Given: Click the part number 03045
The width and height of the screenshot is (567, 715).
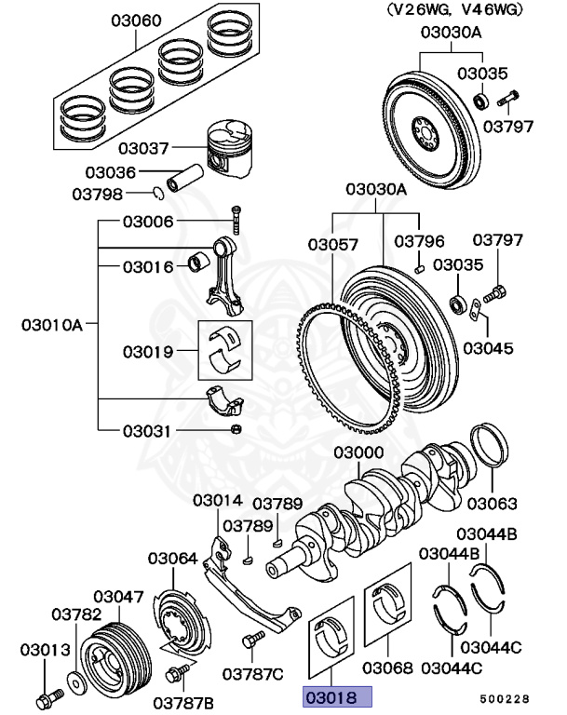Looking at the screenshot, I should pos(487,348).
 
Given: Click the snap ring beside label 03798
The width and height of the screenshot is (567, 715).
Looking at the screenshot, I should pos(159,194).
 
